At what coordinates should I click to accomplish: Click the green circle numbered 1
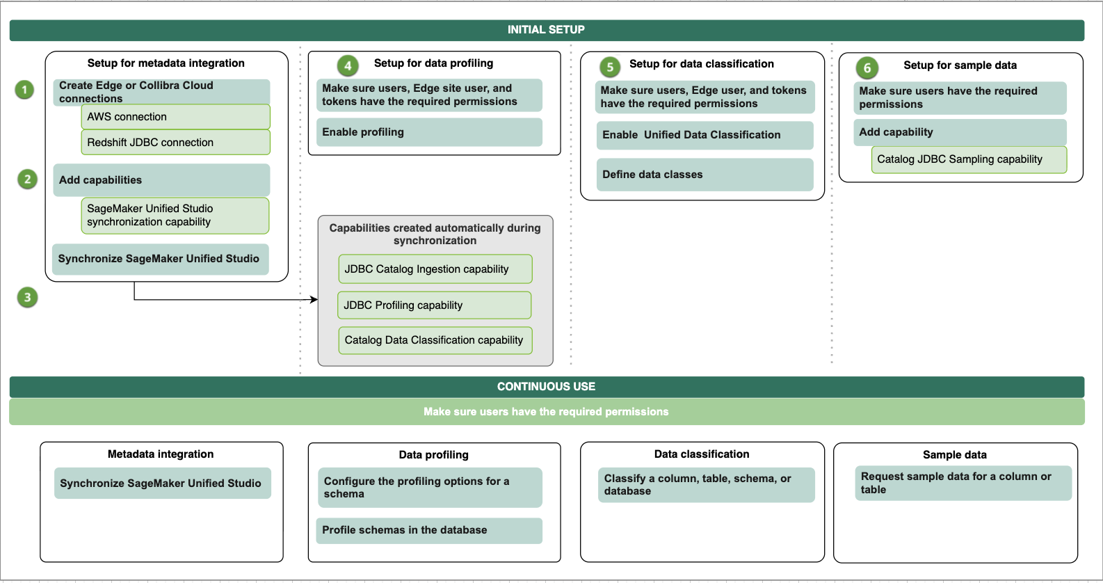tap(24, 90)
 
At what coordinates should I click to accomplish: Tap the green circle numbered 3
tap(28, 297)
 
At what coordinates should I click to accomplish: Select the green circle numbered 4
tap(348, 65)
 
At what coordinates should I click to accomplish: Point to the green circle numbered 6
tap(867, 68)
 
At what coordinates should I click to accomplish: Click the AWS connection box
tap(176, 117)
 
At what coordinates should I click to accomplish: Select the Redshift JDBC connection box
tap(176, 143)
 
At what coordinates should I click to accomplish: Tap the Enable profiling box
tap(429, 132)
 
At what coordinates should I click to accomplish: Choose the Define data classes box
tap(705, 175)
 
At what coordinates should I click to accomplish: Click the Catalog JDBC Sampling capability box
tap(969, 159)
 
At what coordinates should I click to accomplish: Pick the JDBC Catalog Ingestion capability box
tap(435, 269)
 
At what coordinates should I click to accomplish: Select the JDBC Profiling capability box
tap(434, 305)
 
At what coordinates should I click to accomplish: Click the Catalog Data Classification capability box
tap(435, 340)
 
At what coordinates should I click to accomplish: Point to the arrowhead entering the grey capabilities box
tap(315, 299)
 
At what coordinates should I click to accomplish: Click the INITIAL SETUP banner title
tap(546, 29)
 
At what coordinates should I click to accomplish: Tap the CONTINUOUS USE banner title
tap(546, 387)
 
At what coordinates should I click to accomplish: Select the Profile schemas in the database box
tap(429, 530)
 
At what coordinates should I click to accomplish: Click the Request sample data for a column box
tap(963, 483)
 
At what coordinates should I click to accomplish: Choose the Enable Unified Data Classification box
tap(705, 135)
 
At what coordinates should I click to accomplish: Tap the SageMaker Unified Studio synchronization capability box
tap(175, 216)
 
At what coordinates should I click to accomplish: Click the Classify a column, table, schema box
tap(706, 485)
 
